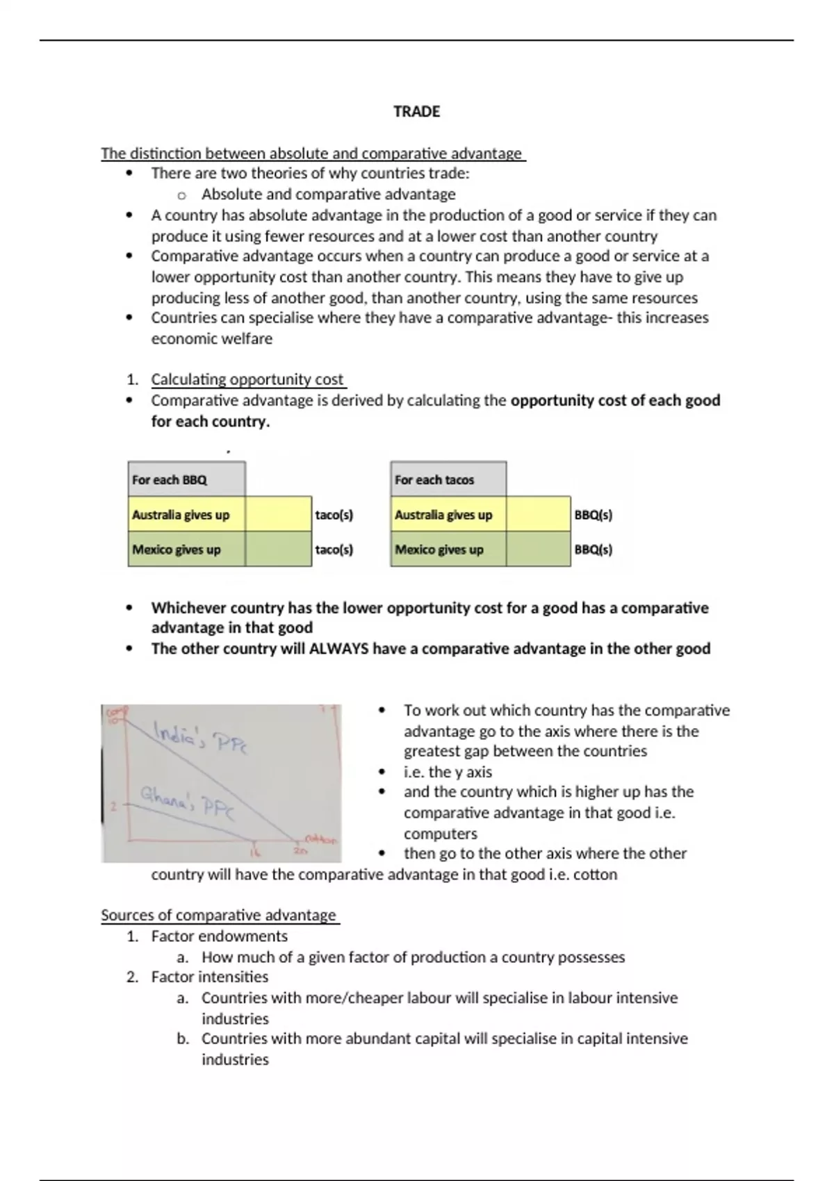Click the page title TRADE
coord(416,112)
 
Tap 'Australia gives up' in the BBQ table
coord(181,515)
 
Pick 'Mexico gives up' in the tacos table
coord(439,550)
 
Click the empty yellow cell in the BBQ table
coord(278,515)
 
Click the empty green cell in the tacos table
coord(538,550)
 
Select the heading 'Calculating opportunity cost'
coord(247,380)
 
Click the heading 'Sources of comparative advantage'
coord(218,916)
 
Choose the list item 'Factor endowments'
coord(219,936)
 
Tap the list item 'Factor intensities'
coord(209,977)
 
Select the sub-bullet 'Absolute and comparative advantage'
coord(328,195)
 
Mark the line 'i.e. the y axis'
coord(448,773)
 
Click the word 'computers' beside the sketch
coord(441,834)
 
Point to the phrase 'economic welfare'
coord(212,339)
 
